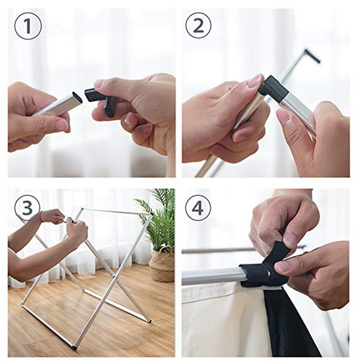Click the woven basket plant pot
coord(161,264)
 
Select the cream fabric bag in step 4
coord(222,317)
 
